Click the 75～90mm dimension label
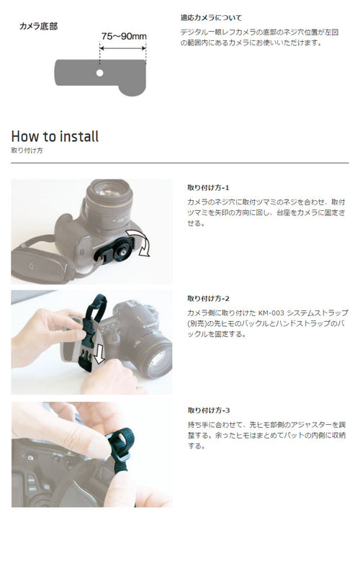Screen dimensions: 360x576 124,36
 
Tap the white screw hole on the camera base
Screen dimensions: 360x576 99,73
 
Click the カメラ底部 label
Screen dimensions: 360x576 39,26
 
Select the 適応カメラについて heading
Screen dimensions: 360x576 211,17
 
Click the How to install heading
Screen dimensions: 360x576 55,136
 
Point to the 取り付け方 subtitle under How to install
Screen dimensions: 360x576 27,150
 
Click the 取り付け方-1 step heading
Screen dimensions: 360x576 208,188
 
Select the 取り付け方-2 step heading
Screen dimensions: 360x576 208,299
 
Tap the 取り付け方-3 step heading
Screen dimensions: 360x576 209,410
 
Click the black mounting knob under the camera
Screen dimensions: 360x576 120,250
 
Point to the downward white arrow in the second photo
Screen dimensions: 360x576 99,354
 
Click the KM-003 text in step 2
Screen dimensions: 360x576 271,313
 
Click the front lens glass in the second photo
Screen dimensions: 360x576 158,360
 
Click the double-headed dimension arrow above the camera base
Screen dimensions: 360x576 123,48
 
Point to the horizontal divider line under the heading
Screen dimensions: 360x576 180,163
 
